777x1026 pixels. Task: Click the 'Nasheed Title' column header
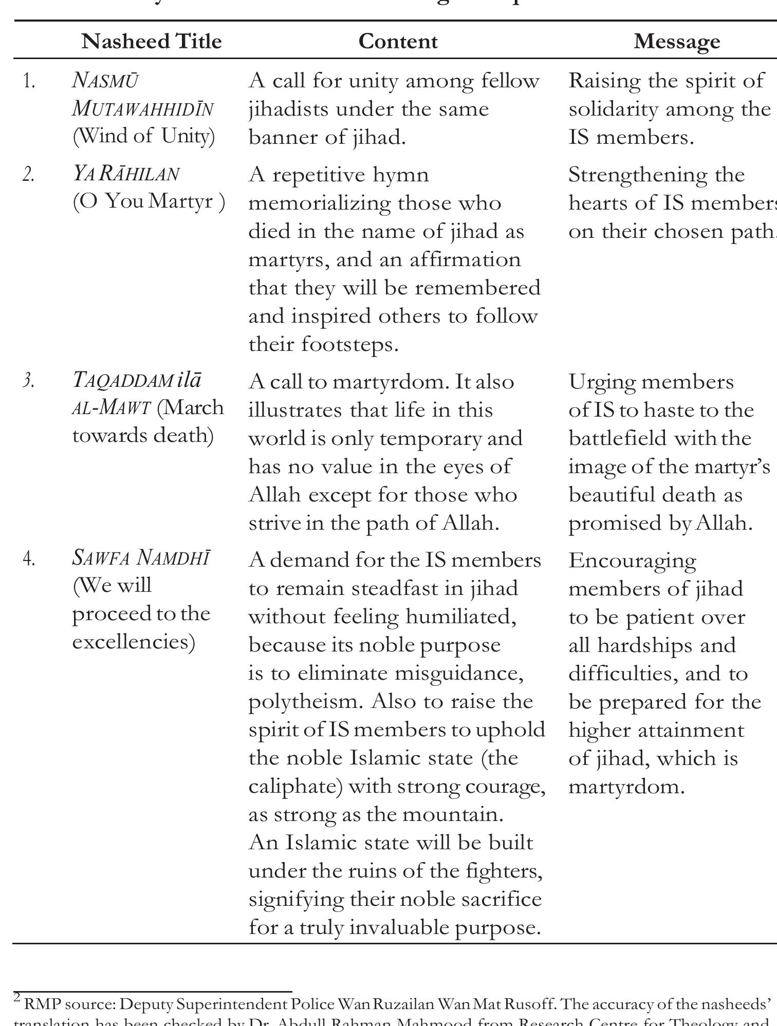click(x=152, y=41)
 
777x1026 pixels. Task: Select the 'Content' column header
click(x=398, y=41)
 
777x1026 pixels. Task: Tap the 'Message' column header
click(x=676, y=41)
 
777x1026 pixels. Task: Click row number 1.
click(x=29, y=81)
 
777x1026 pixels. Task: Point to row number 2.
click(x=29, y=175)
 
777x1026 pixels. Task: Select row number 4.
click(x=29, y=559)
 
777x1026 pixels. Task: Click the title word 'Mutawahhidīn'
click(x=143, y=109)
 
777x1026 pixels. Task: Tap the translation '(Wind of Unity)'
click(x=144, y=136)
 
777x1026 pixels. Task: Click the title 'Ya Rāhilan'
click(x=126, y=174)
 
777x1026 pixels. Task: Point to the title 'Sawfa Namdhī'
click(x=141, y=558)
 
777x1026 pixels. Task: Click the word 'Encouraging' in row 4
click(x=632, y=561)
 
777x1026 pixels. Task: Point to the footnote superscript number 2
click(x=17, y=998)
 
